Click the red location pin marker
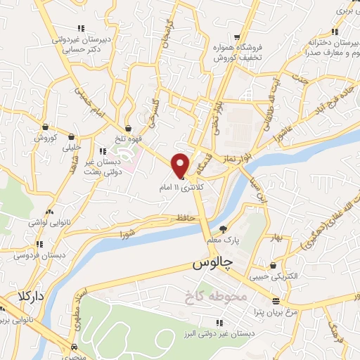(x=181, y=165)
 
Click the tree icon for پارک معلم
(x=224, y=229)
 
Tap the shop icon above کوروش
(x=45, y=127)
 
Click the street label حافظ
(x=185, y=220)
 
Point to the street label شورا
(x=127, y=233)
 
